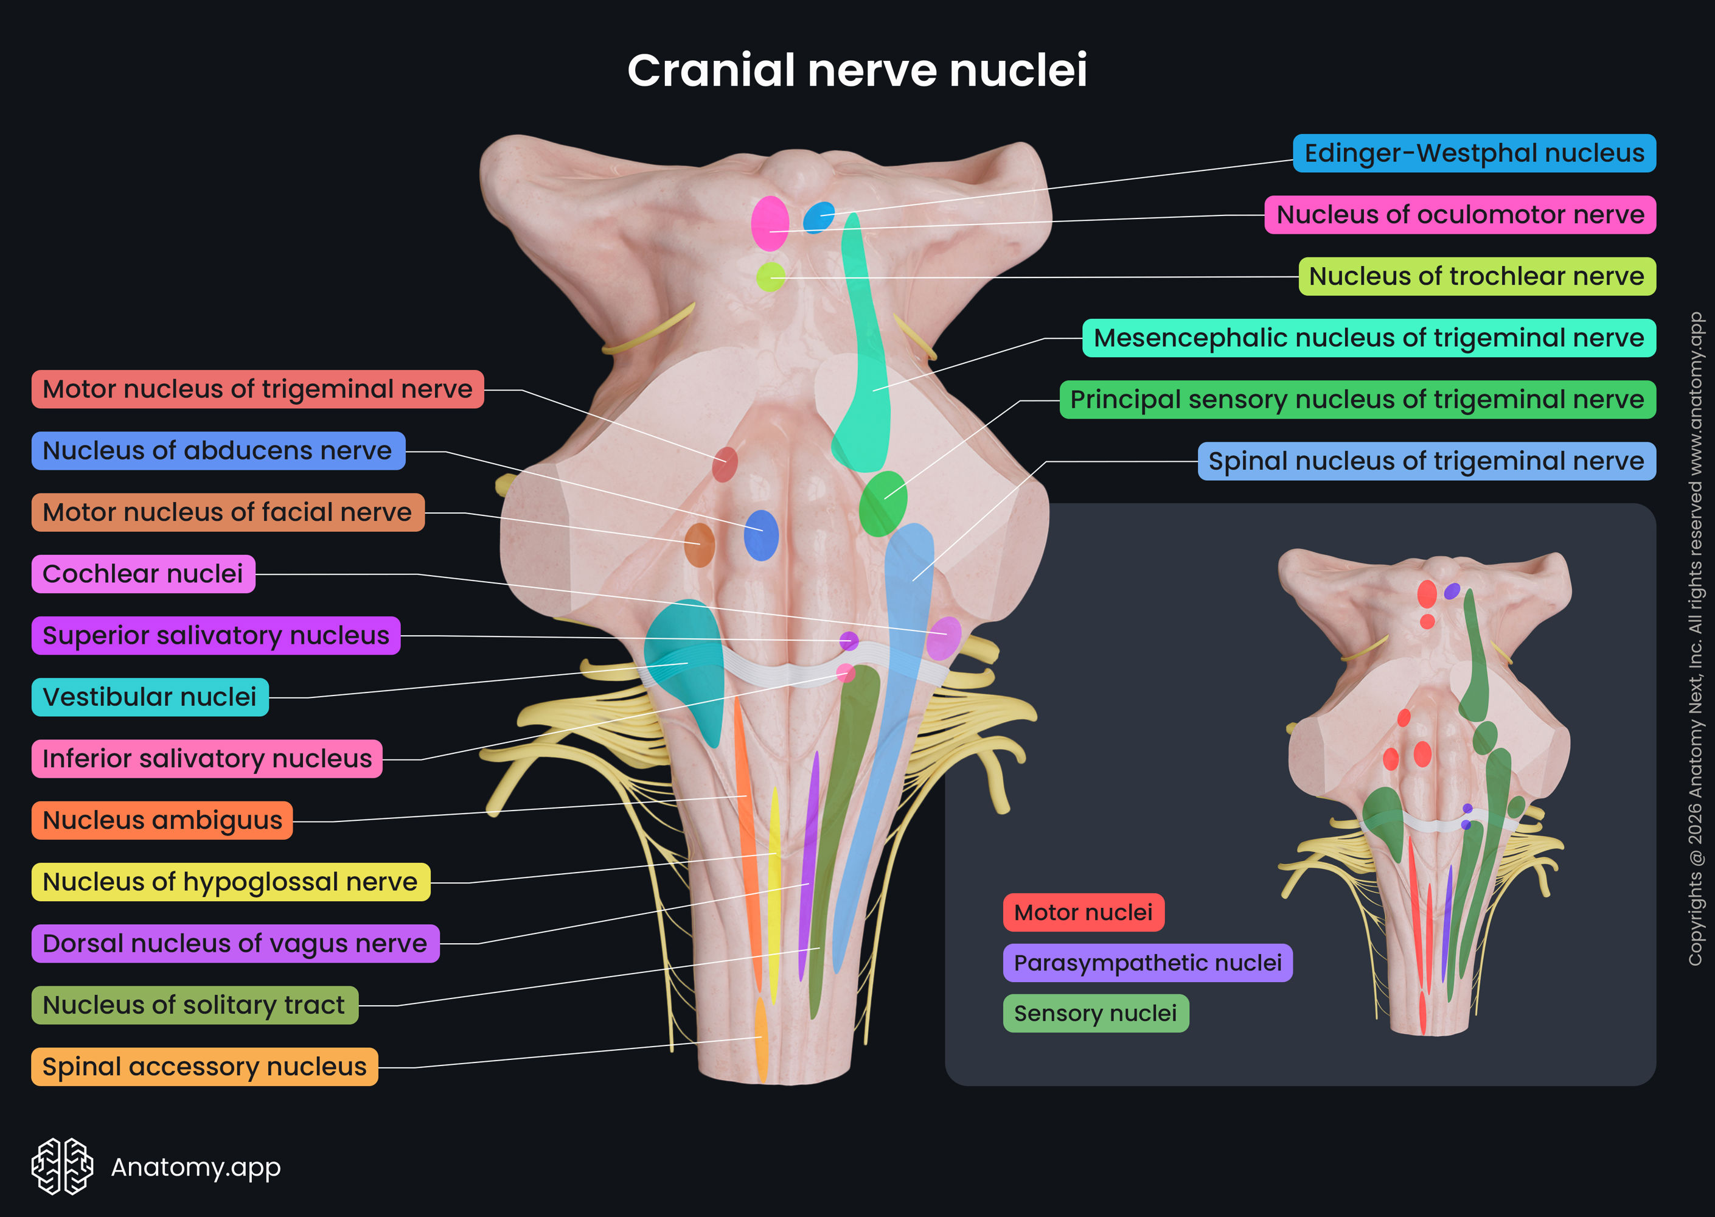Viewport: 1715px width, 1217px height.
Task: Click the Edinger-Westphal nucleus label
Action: tap(1473, 153)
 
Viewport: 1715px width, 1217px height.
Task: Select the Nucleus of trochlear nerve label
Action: tap(1476, 276)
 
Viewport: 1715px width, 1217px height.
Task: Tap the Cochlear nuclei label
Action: tap(143, 574)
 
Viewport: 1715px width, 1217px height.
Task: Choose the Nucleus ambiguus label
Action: tap(162, 821)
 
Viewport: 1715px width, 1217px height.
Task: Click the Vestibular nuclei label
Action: tap(150, 697)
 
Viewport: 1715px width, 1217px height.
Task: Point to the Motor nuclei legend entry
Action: tap(1083, 913)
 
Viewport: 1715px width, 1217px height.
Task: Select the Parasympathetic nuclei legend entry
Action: tap(1147, 963)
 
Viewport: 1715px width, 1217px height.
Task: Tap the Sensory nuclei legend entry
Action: tap(1096, 1014)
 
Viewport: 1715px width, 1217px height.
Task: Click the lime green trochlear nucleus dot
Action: tap(770, 277)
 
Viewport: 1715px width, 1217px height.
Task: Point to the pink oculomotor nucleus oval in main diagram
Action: tap(770, 223)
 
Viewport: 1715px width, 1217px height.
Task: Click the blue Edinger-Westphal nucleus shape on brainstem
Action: tap(819, 217)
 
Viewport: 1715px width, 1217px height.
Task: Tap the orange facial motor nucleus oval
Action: tap(699, 545)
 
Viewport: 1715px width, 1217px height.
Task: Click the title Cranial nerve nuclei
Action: tap(857, 71)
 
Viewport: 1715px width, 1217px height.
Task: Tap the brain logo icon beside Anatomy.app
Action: tap(62, 1166)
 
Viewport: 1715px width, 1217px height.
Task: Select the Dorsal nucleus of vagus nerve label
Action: tap(234, 943)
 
